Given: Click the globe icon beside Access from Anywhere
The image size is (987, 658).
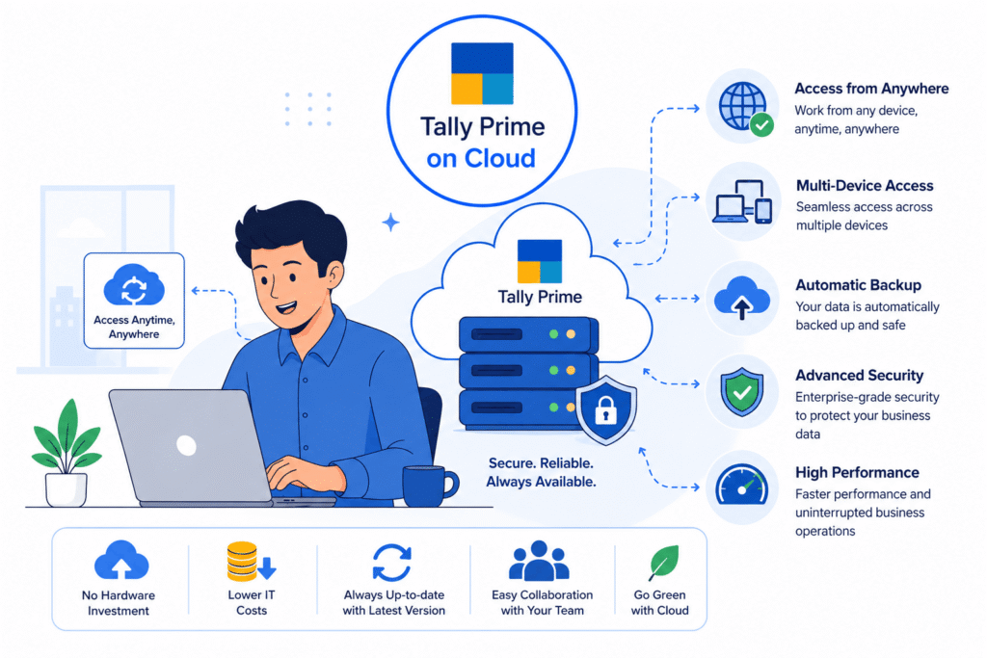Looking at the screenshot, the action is point(742,106).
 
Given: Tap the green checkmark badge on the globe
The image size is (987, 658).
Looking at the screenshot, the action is point(761,125).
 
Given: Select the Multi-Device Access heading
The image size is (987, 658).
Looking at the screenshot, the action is point(865,186).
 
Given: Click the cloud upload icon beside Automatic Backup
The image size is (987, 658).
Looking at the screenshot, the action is point(742,298).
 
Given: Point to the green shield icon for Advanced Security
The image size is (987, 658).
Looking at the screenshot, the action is point(742,391).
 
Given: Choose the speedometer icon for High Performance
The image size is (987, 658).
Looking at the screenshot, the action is point(741,485).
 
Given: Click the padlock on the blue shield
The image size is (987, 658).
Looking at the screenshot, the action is point(605,409).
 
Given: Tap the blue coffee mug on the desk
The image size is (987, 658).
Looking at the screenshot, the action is point(428,486).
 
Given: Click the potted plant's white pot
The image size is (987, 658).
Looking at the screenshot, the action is point(66,489).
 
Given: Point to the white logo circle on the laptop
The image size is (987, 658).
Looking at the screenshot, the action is point(186,445).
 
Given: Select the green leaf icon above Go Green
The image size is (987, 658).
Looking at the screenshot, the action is point(663,563).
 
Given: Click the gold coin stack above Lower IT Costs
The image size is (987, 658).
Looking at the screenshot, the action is point(242,561).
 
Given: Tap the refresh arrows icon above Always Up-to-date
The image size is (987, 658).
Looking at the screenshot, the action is point(391,563).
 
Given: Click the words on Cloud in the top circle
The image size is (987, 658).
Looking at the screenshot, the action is point(481,159).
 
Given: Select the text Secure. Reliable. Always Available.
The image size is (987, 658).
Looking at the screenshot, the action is point(542,472).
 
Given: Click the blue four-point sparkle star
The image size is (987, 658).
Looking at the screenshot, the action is point(391,222).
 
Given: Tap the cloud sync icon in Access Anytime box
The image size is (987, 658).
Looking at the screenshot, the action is point(134,285).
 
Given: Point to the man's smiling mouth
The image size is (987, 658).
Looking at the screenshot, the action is point(286,307).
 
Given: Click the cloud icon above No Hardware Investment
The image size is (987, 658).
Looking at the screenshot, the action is point(121,560).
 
